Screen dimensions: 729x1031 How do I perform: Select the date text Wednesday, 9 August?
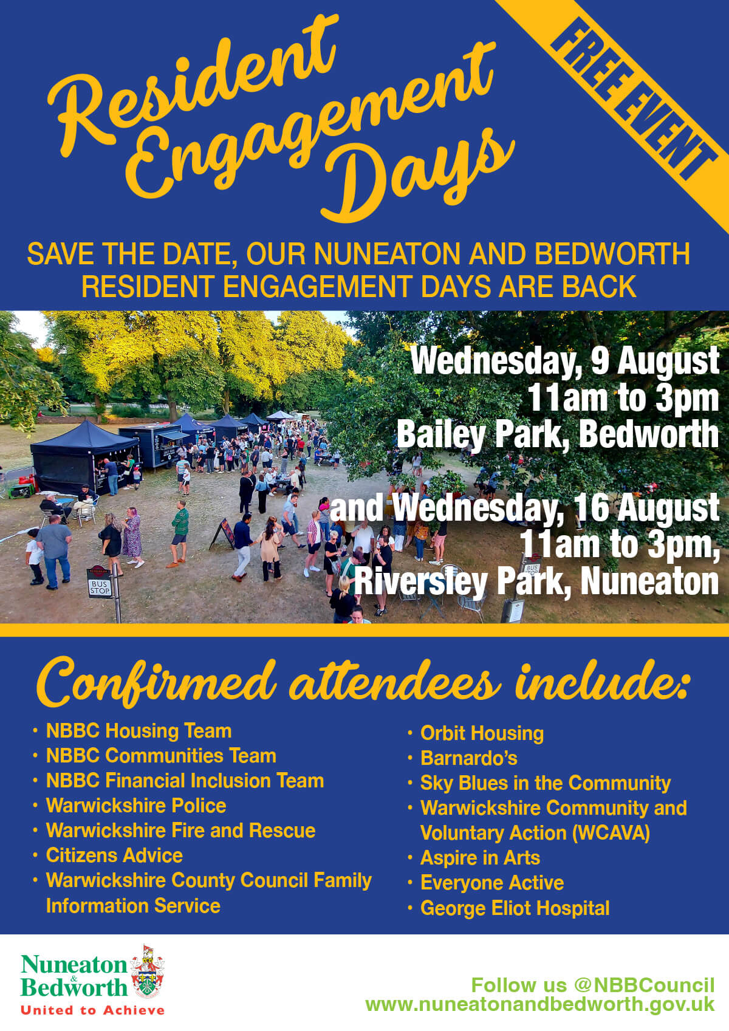565,361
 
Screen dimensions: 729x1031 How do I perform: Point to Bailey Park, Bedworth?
558,434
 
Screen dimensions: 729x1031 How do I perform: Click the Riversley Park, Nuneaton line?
536,582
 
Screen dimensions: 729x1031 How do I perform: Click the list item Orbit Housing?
482,734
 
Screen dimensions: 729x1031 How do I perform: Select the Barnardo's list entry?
469,758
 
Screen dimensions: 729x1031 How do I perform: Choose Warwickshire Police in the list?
136,806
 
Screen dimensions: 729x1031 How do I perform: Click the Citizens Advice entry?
114,855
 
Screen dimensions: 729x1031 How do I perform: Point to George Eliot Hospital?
515,908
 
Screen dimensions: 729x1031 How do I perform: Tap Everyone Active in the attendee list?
492,883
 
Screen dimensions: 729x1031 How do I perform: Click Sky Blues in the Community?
546,783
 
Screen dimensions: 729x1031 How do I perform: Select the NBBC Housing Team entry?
139,731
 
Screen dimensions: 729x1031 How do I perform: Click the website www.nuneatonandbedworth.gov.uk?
540,1005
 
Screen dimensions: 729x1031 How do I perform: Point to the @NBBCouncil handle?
644,985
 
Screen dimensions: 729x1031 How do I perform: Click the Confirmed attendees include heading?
363,684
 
